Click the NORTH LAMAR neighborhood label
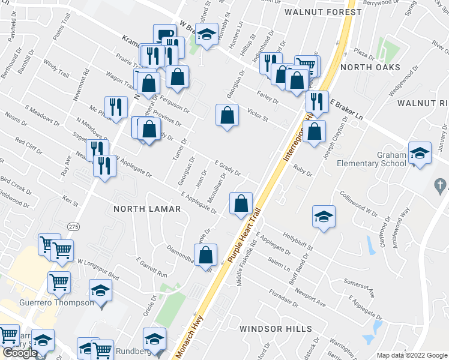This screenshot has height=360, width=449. [x=147, y=209]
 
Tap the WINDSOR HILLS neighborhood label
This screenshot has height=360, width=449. [x=276, y=329]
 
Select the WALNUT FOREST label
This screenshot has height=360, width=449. [x=323, y=12]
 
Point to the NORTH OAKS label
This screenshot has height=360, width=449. [x=370, y=67]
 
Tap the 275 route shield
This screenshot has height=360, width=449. [x=73, y=226]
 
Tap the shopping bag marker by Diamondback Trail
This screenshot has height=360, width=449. [x=206, y=254]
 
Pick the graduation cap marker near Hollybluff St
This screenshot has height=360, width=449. [x=324, y=217]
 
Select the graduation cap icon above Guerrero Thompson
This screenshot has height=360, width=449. [x=100, y=291]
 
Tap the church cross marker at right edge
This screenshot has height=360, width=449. [x=441, y=185]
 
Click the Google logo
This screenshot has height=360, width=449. [x=19, y=353]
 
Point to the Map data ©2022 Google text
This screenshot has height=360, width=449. [x=411, y=355]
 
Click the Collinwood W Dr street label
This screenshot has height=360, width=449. [x=359, y=204]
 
